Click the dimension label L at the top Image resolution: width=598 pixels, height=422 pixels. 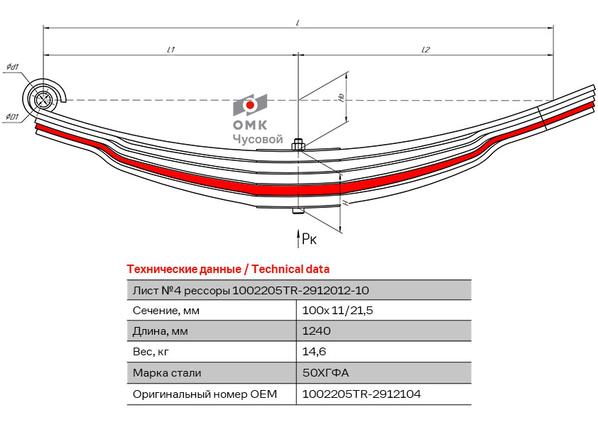298,23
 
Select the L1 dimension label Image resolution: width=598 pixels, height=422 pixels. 170,50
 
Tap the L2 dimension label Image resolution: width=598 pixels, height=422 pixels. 425,50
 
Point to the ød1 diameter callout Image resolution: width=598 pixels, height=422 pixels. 13,67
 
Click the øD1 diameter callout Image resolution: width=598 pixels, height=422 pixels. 12,117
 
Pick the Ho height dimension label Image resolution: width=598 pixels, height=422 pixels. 342,97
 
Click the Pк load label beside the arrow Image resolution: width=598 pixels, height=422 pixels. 309,239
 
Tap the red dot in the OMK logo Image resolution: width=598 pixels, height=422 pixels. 250,105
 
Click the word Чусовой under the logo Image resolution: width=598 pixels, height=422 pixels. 258,140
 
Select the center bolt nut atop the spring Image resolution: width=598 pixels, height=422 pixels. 298,145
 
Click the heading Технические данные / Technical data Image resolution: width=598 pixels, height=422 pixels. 228,270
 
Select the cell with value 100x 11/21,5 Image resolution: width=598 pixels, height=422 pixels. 337,311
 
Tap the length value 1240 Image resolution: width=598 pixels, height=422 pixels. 316,331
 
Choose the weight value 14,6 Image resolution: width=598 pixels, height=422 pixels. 314,352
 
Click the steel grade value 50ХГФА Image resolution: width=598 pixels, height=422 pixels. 325,372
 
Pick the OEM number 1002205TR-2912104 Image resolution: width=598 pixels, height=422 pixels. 361,394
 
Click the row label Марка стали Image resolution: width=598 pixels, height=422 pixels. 167,372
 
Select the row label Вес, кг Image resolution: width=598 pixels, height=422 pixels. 151,352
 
